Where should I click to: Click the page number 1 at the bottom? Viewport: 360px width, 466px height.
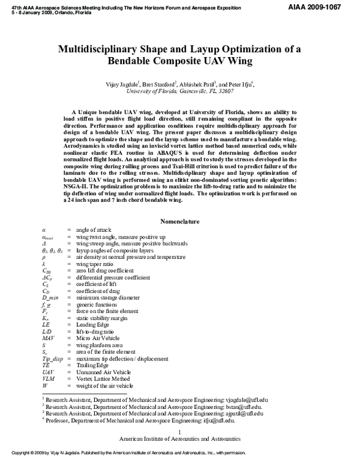[180, 432]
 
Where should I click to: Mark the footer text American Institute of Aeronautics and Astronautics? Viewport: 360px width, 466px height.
[180, 440]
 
